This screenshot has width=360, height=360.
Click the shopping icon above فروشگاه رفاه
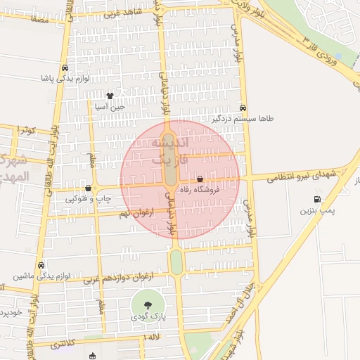(x=200, y=179)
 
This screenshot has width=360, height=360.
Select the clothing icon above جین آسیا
(x=110, y=96)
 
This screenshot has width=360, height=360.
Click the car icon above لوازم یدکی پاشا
(x=65, y=68)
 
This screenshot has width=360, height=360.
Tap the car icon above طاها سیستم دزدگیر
(x=243, y=108)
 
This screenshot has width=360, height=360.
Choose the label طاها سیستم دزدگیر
(x=242, y=119)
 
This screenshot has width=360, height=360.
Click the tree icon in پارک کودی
(x=147, y=305)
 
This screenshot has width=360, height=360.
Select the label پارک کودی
(x=147, y=317)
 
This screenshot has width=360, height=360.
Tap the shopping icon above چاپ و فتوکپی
(x=88, y=188)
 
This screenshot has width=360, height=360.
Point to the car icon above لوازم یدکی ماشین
(x=41, y=266)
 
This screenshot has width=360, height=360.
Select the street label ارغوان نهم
(x=135, y=212)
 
